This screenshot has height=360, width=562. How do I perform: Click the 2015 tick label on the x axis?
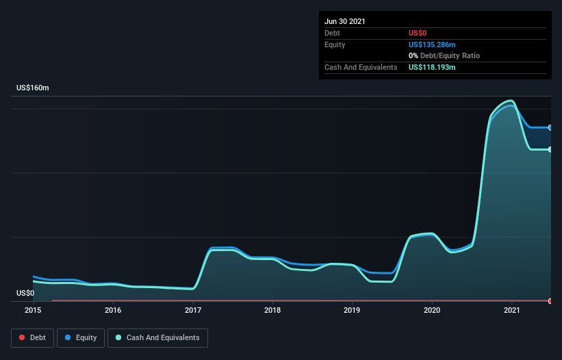tap(33, 310)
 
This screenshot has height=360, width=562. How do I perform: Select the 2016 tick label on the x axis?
tap(113, 310)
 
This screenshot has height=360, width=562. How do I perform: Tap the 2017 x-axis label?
tap(193, 310)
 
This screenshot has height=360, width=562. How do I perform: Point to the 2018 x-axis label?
tap(272, 310)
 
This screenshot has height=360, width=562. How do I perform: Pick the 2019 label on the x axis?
tap(353, 310)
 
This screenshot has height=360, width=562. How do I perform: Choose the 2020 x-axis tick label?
tap(432, 310)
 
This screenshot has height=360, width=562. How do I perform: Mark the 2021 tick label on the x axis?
tap(512, 310)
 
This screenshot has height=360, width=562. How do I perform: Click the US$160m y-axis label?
tap(33, 88)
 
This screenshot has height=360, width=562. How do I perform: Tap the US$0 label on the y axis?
tap(25, 293)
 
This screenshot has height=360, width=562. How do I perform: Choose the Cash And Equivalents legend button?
tap(157, 337)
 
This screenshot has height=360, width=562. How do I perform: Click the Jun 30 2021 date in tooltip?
tap(345, 21)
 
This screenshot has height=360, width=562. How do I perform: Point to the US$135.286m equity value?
tap(433, 44)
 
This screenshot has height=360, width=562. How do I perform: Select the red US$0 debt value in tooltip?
tap(418, 33)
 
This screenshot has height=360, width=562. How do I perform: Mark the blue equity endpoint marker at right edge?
tap(550, 127)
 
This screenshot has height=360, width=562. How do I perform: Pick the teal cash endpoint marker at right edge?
tap(550, 150)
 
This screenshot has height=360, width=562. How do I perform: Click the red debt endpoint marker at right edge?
tap(550, 301)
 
